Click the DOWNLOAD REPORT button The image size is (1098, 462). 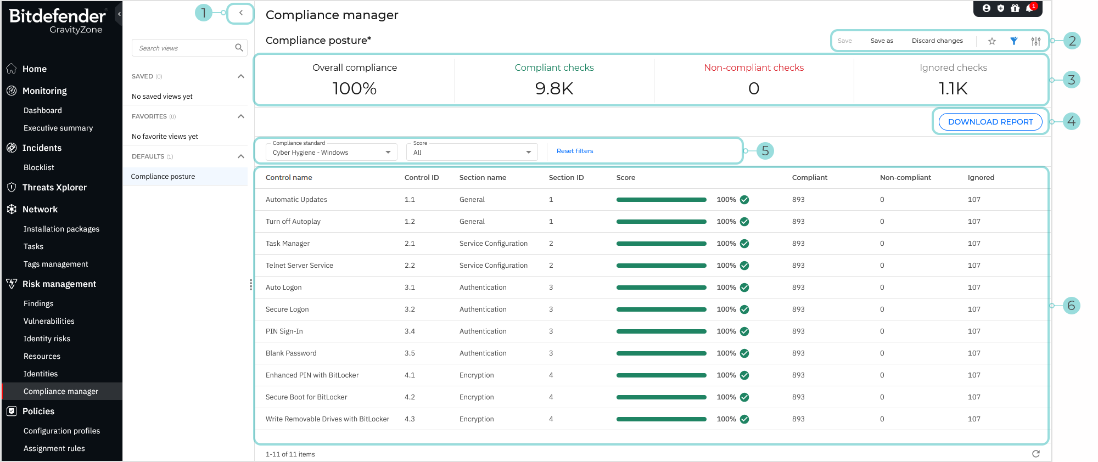pos(990,122)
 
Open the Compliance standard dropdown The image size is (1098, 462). pos(331,152)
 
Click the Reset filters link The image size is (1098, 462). pos(575,151)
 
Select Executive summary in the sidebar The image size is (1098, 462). pos(58,128)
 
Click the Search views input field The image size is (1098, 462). pos(184,48)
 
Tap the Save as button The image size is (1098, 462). pos(882,41)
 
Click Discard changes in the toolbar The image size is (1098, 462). pos(937,41)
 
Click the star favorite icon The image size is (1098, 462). pos(992,41)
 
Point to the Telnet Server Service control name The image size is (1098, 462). pos(299,266)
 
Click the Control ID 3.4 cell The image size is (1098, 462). pos(410,331)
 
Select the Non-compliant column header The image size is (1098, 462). pos(905,178)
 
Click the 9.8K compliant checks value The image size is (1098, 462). pos(554,88)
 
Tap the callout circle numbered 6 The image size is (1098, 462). pos(1071,306)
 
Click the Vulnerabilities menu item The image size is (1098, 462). pos(49,321)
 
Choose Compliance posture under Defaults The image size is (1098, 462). pos(163,177)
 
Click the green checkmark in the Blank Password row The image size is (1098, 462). pos(744,353)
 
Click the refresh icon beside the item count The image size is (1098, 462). pos(1035,454)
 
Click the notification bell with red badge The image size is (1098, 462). pos(1029,8)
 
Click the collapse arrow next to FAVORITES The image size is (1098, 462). pos(240,116)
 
